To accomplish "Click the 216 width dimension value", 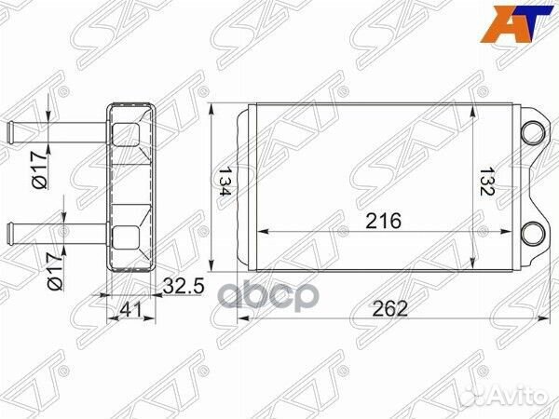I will tap(383, 221).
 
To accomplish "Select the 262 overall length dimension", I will tap(395, 309).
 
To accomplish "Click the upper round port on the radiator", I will tap(534, 130).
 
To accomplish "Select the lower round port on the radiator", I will tap(534, 234).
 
